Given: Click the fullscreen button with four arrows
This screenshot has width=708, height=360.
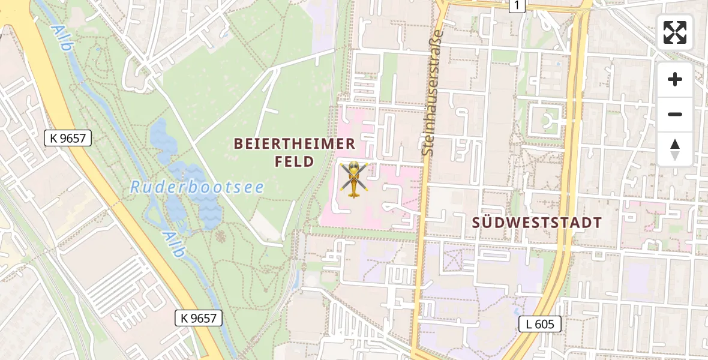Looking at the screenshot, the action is click(x=675, y=32).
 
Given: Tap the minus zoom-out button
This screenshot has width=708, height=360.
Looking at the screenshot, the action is click(x=675, y=114).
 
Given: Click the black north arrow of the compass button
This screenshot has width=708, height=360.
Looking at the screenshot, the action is click(x=675, y=145).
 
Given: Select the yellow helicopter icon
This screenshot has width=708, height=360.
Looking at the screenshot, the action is click(x=353, y=179).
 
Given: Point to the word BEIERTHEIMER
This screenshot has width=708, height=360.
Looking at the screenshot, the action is click(x=295, y=144).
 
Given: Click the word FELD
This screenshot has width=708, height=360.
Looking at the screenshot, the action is click(x=294, y=161).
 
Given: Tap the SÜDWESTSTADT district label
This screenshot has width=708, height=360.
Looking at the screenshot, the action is click(x=536, y=223).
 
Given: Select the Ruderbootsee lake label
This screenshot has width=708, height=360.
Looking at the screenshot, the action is click(x=197, y=187).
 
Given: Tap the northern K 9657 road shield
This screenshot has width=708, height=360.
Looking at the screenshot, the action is click(x=68, y=139).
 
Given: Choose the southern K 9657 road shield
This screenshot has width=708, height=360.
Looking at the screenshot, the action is click(x=199, y=318).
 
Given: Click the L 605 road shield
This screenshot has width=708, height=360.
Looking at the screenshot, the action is click(x=540, y=324).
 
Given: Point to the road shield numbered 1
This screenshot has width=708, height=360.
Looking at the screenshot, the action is click(x=516, y=5).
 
